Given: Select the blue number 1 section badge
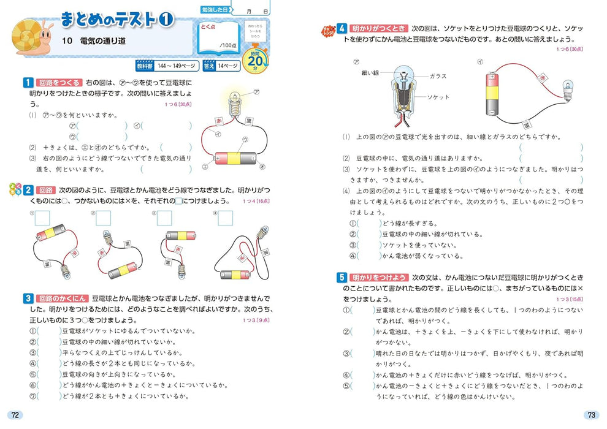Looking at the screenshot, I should tap(28, 82).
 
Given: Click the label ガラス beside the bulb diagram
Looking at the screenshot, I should tap(438, 77).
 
